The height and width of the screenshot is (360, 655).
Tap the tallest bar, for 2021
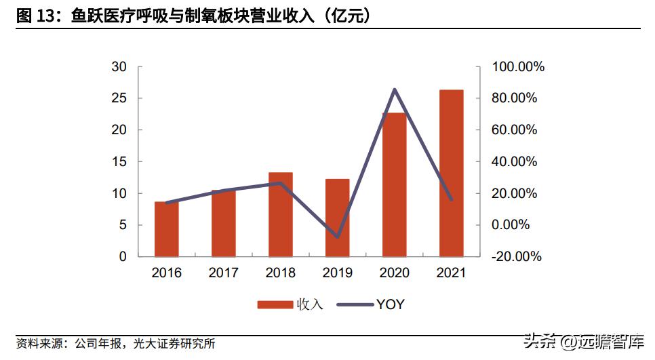452,174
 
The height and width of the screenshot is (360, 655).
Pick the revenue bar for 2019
338,218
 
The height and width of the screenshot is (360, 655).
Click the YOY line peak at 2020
395,89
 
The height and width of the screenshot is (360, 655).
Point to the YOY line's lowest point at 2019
338,237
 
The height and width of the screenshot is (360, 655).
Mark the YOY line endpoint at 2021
452,199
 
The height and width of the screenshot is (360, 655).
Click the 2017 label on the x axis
224,273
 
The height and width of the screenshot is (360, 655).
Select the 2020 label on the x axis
395,273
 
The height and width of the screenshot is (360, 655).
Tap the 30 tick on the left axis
119,67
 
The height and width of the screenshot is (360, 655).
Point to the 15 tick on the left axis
119,162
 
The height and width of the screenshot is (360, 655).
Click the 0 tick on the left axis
122,257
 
